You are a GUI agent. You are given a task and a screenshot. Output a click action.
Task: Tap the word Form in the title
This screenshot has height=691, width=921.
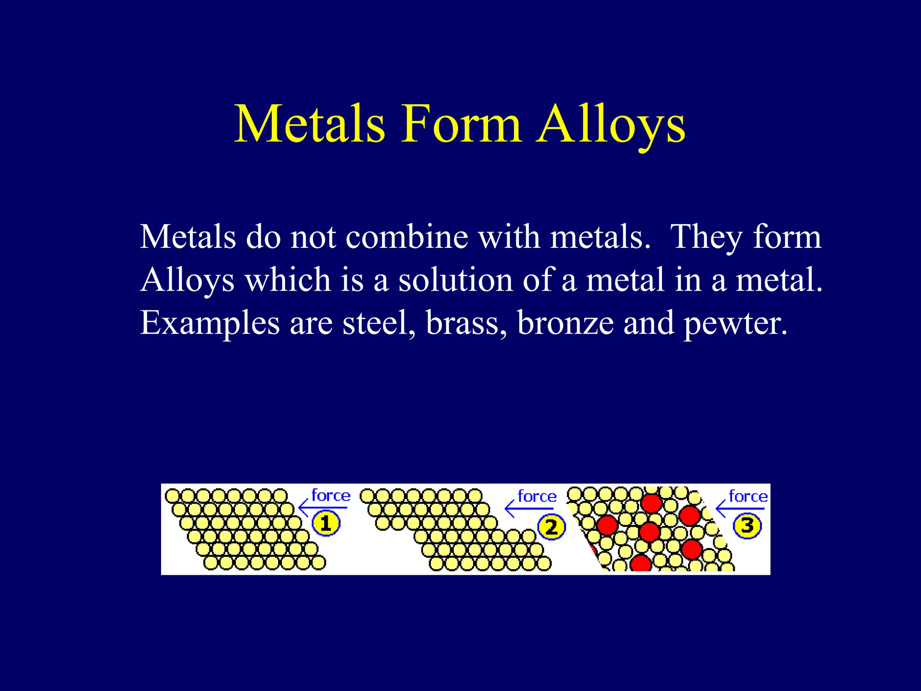click(460, 124)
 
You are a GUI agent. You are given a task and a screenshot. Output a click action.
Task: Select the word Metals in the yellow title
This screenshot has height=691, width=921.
click(310, 124)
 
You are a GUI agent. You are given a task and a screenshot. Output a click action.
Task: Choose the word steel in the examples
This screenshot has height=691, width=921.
click(379, 323)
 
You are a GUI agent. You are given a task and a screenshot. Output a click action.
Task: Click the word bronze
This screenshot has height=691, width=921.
click(565, 323)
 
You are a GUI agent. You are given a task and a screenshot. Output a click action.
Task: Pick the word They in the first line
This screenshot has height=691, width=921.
click(706, 238)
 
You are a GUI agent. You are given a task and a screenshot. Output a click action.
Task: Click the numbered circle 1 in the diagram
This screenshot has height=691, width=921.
click(326, 524)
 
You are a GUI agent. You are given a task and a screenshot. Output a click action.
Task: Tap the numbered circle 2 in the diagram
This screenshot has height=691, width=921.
click(551, 527)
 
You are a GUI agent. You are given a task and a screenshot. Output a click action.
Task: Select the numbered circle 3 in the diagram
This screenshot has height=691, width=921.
click(747, 525)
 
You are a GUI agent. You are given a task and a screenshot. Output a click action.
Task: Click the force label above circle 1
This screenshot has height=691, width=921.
click(331, 496)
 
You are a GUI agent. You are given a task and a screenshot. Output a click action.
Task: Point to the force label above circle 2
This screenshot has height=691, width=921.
click(537, 497)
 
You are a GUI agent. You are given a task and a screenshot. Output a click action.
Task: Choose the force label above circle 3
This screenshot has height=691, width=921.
click(748, 497)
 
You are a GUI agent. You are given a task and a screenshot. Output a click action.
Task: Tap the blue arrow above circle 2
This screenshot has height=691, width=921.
click(529, 509)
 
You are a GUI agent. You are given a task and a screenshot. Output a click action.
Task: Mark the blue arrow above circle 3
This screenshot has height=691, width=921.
click(740, 509)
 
